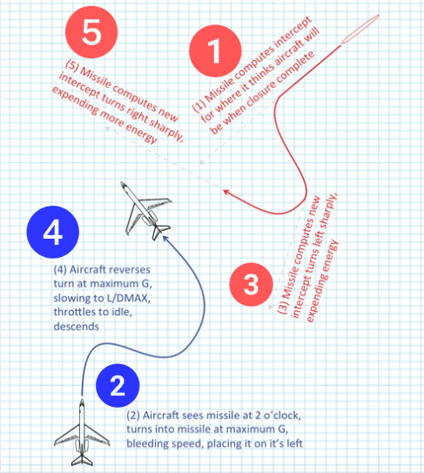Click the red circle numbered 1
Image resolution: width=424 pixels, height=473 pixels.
[x=215, y=51]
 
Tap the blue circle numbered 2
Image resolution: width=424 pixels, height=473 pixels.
[x=118, y=386]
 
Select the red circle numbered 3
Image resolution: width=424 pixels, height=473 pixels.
[x=252, y=285]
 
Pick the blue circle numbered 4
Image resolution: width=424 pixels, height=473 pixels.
[x=53, y=232]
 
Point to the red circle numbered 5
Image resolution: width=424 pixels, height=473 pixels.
[x=91, y=32]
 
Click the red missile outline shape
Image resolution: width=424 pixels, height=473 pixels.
[x=360, y=30]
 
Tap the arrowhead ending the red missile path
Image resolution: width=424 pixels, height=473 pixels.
[x=225, y=192]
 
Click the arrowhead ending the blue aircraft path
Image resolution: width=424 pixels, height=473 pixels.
[x=165, y=239]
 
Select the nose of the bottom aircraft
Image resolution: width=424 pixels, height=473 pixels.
[x=82, y=402]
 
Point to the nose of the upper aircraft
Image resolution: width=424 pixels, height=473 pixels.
[x=123, y=184]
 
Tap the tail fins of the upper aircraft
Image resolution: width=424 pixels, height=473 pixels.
[x=161, y=231]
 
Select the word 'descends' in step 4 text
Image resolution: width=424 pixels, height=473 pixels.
[x=76, y=326]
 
